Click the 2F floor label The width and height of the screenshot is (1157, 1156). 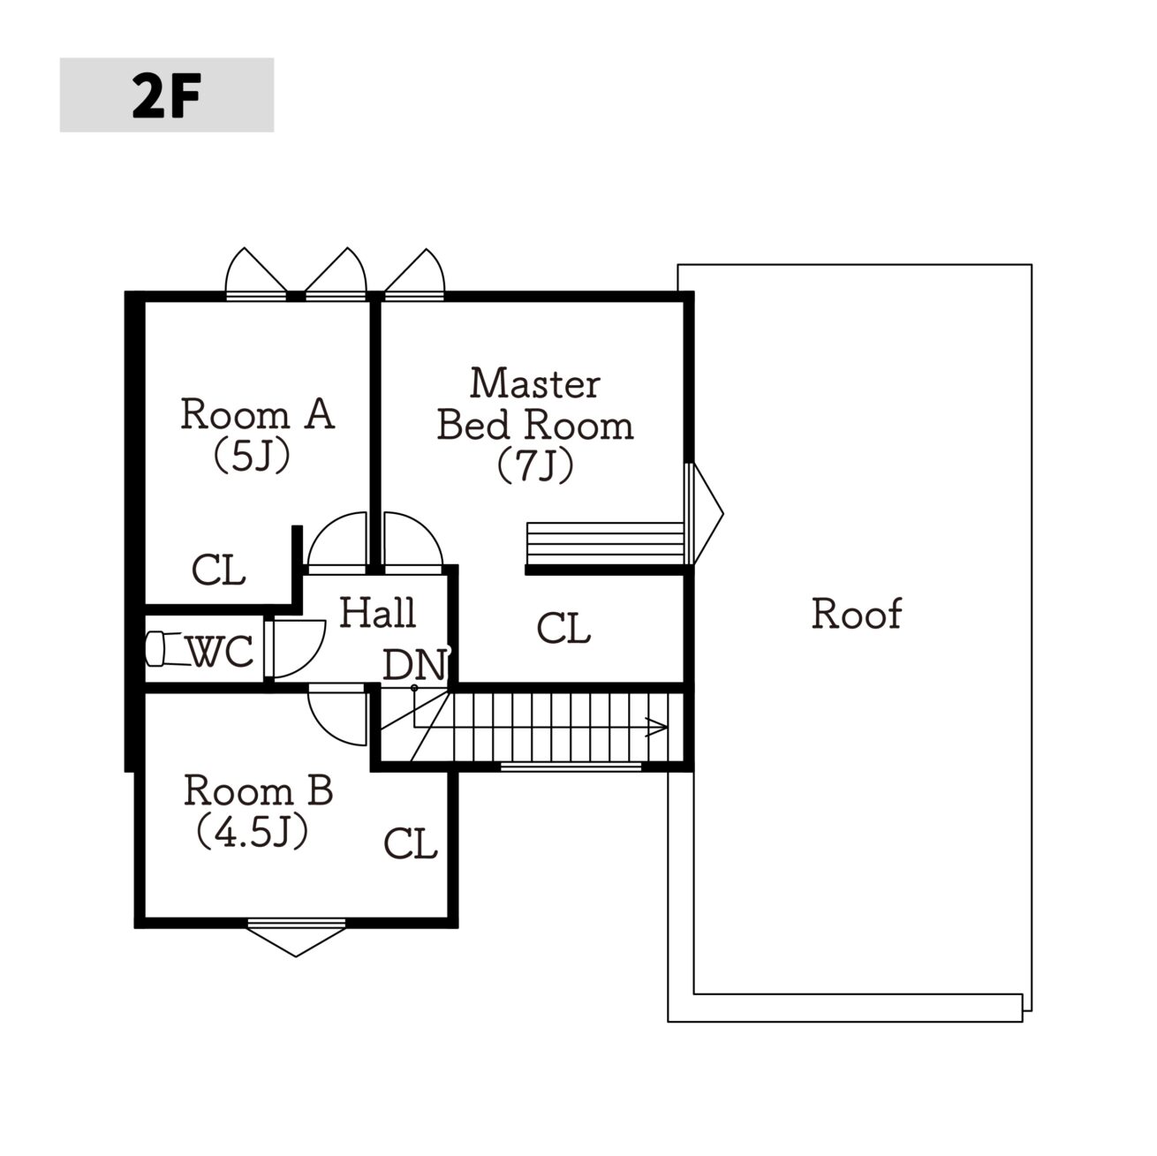[166, 95]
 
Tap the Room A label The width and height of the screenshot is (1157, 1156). [258, 414]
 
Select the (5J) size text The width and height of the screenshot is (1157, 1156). [253, 455]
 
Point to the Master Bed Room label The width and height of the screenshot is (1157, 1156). [534, 404]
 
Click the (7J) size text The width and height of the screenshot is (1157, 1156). [535, 465]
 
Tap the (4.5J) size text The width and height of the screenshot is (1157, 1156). [253, 831]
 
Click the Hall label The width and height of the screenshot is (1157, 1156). [378, 613]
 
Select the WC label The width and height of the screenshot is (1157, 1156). [220, 651]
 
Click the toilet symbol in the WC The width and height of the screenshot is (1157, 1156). [165, 649]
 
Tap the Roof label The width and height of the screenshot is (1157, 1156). [856, 613]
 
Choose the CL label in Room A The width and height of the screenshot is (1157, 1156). [218, 570]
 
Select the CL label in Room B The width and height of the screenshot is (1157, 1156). [411, 843]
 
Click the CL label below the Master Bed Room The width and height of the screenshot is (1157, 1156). [563, 628]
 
